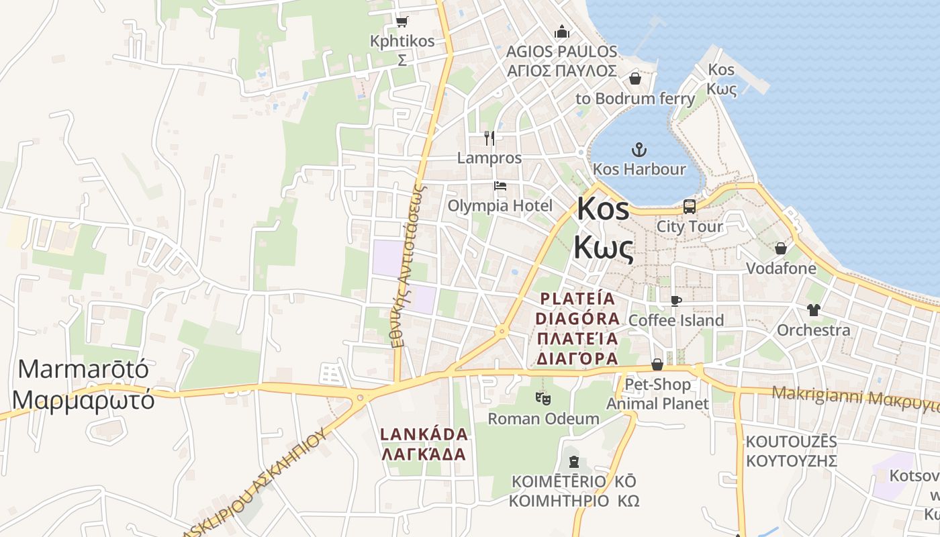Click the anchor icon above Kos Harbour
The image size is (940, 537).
pyautogui.click(x=639, y=150)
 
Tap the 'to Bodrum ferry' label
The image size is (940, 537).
pyautogui.click(x=635, y=99)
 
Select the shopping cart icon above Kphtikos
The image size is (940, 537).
pyautogui.click(x=402, y=21)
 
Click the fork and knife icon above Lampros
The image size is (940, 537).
pyautogui.click(x=489, y=138)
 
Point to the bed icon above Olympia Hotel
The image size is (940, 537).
pyautogui.click(x=500, y=186)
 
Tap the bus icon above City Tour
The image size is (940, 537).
pyautogui.click(x=689, y=207)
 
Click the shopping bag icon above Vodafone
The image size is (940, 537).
pyautogui.click(x=781, y=248)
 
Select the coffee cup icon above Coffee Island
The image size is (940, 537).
pyautogui.click(x=675, y=300)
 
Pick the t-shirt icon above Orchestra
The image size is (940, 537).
pyautogui.click(x=813, y=310)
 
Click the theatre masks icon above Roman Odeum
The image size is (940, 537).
pyautogui.click(x=543, y=399)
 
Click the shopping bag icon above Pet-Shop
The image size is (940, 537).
pyautogui.click(x=657, y=364)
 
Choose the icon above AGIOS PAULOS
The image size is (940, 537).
pyautogui.click(x=561, y=32)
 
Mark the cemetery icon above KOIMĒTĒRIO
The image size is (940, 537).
pyautogui.click(x=573, y=462)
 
